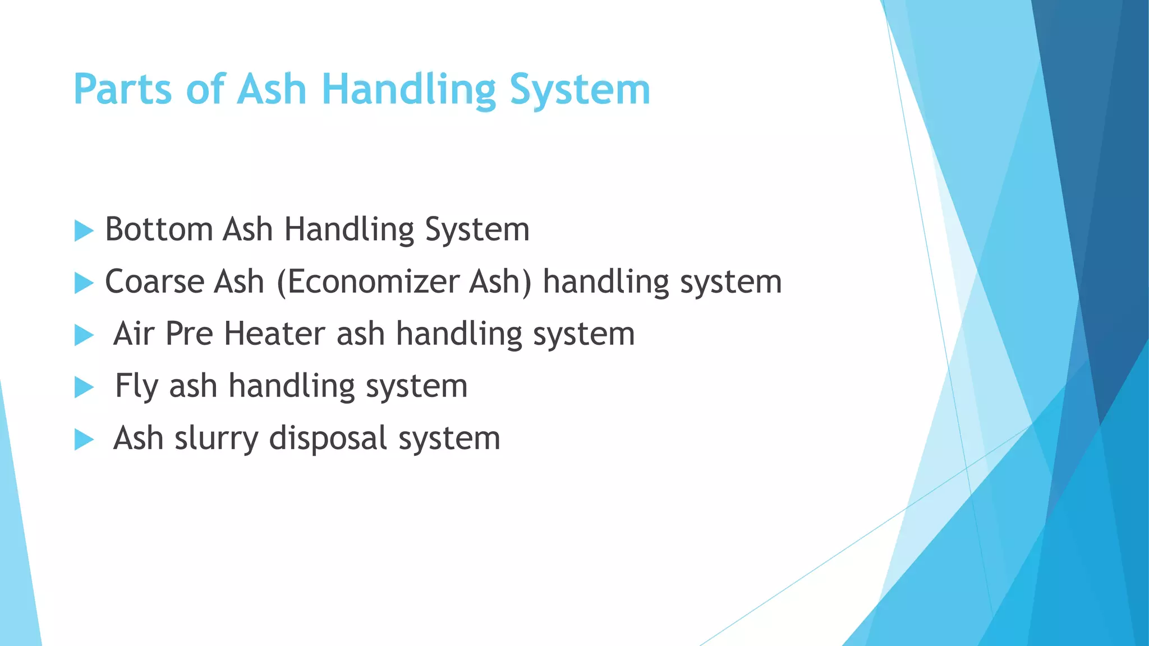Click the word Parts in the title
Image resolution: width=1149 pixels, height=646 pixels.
click(122, 90)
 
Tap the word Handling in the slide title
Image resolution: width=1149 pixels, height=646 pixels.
click(408, 90)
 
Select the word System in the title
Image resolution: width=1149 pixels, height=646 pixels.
click(580, 90)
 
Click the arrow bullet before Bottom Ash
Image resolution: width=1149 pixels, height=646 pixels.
click(84, 230)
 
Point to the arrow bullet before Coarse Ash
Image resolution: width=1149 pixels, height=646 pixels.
click(84, 283)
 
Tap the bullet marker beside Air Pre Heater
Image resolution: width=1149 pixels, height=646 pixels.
click(84, 335)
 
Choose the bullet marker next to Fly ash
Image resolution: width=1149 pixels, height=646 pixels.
click(84, 387)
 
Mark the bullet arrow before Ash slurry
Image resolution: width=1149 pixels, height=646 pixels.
click(84, 439)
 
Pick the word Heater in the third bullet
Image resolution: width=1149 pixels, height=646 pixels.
click(274, 334)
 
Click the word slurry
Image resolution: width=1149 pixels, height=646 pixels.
click(217, 439)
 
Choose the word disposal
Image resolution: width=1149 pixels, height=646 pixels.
click(328, 439)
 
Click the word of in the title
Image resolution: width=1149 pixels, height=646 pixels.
click(205, 90)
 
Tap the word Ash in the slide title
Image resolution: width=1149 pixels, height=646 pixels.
click(272, 90)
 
